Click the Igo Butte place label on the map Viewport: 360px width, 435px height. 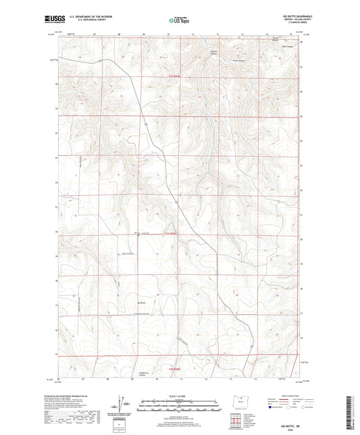pyautogui.click(x=143, y=292)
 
